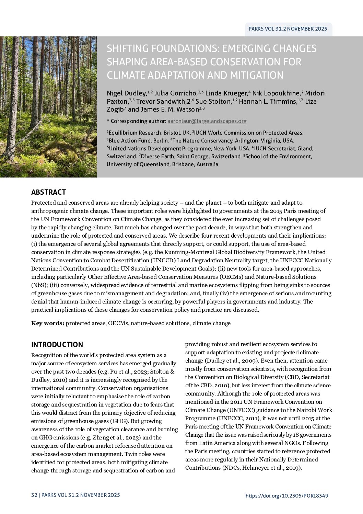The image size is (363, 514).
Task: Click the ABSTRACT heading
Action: (x=48, y=192)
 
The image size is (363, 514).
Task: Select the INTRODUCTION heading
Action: (x=57, y=345)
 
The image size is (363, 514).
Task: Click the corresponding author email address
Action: (x=207, y=121)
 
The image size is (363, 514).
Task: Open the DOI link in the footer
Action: (x=287, y=495)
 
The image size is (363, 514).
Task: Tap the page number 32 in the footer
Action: (x=34, y=495)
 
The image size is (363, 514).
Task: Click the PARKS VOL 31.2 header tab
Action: (x=288, y=29)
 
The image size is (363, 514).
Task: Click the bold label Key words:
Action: (x=48, y=323)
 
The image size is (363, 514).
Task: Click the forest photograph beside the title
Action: (x=48, y=107)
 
